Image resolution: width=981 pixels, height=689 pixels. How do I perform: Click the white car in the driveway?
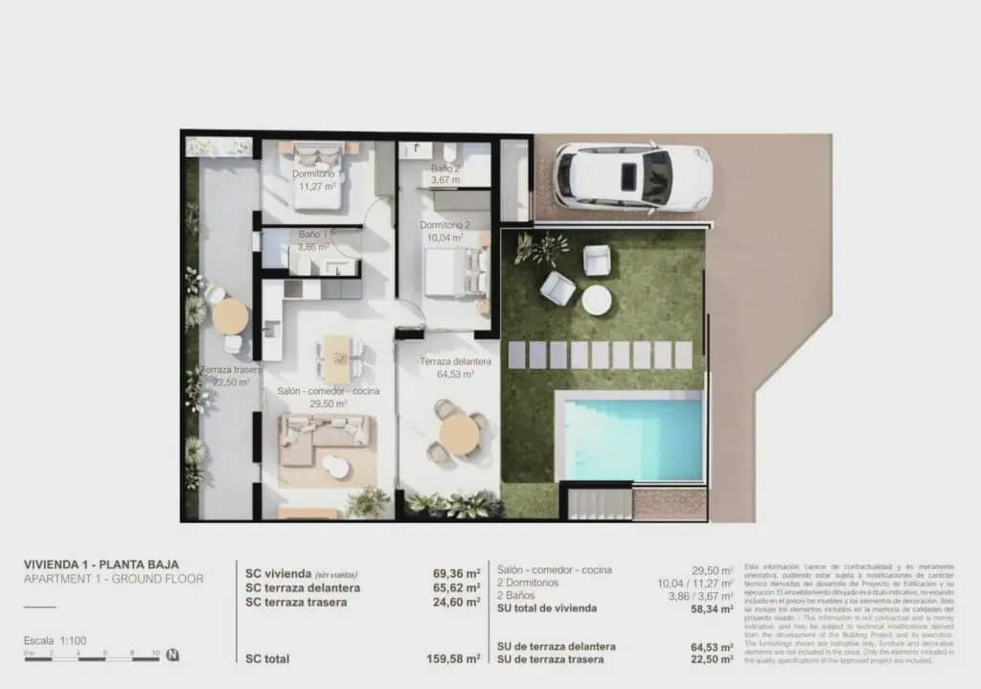[632, 176]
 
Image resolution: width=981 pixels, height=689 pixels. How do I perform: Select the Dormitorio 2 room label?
[442, 226]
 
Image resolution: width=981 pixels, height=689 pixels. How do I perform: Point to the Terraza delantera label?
[456, 361]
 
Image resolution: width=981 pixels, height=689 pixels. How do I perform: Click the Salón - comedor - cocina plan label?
[329, 391]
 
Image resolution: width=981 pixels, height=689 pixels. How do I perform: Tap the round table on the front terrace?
[460, 434]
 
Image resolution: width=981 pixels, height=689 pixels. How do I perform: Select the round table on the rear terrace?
[230, 315]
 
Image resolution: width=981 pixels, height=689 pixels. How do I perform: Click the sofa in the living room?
[324, 436]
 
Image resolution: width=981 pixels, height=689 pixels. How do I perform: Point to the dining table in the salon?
[337, 356]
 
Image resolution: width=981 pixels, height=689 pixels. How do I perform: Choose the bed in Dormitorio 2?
[455, 271]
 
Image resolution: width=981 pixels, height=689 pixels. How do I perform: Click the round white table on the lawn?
[597, 300]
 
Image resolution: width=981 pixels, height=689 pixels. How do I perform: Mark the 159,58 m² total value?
[453, 659]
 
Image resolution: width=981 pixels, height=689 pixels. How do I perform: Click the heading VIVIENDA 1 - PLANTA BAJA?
[101, 564]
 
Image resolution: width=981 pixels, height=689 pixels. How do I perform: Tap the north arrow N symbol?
[172, 656]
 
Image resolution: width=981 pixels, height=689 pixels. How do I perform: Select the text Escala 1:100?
[53, 640]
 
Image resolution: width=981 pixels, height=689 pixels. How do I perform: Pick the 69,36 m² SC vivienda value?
[456, 574]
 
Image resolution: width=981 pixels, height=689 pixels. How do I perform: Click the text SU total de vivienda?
[547, 608]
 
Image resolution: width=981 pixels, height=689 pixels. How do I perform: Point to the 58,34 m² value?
[713, 608]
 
